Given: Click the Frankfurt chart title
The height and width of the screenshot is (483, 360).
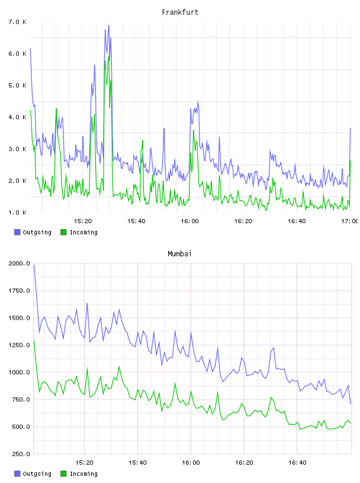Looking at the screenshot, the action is [x=180, y=12].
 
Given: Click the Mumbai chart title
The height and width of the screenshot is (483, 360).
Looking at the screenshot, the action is [x=179, y=254].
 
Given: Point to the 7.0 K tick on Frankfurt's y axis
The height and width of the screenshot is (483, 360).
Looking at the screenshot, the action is [x=17, y=22].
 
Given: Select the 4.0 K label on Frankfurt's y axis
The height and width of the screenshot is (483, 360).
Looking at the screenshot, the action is [x=17, y=117].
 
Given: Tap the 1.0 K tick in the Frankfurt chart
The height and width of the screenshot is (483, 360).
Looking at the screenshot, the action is [x=17, y=212].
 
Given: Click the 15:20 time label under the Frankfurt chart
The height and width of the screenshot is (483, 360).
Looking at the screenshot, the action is [x=83, y=221].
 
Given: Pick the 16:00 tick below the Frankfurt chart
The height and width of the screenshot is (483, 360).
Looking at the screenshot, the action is [x=189, y=221].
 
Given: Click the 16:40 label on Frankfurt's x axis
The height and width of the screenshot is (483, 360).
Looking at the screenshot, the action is [x=297, y=221].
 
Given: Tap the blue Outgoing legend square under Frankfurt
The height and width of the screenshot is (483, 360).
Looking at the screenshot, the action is [x=17, y=232].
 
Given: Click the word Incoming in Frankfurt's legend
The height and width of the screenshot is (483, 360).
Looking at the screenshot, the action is [x=83, y=232].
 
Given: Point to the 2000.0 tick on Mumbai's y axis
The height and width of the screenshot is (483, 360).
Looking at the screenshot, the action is [x=19, y=263].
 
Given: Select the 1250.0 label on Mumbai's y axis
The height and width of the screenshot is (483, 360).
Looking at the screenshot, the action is [x=19, y=345].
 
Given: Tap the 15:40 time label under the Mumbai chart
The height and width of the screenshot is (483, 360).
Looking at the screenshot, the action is [x=137, y=462].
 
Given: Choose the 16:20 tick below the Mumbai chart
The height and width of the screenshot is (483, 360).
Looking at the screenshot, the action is [x=244, y=462].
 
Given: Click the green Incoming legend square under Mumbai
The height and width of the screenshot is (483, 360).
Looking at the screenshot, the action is [x=63, y=474].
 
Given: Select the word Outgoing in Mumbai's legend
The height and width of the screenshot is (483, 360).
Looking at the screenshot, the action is [x=37, y=474].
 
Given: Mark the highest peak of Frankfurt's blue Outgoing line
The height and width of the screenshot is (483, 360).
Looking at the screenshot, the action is [x=109, y=26].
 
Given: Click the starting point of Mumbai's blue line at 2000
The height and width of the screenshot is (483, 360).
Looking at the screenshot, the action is [x=34, y=265].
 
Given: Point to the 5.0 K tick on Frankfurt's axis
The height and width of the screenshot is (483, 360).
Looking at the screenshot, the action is [x=17, y=85].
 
